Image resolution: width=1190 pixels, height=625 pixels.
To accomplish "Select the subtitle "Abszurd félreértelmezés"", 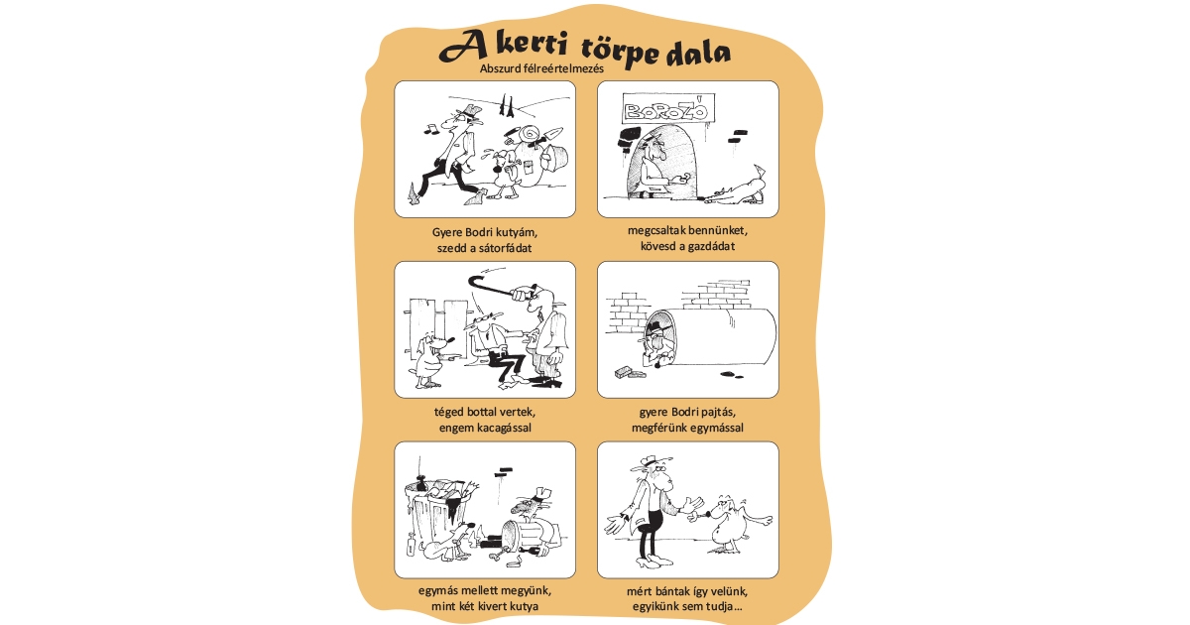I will tap(541, 68).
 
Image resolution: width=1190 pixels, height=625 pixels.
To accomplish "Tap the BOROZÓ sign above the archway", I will tap(666, 109).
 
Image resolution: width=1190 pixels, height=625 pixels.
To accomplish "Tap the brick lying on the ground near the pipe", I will tap(626, 371).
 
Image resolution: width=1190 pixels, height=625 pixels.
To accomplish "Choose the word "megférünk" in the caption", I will tap(664, 428).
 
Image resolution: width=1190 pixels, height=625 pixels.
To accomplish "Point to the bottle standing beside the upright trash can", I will tap(408, 547).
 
